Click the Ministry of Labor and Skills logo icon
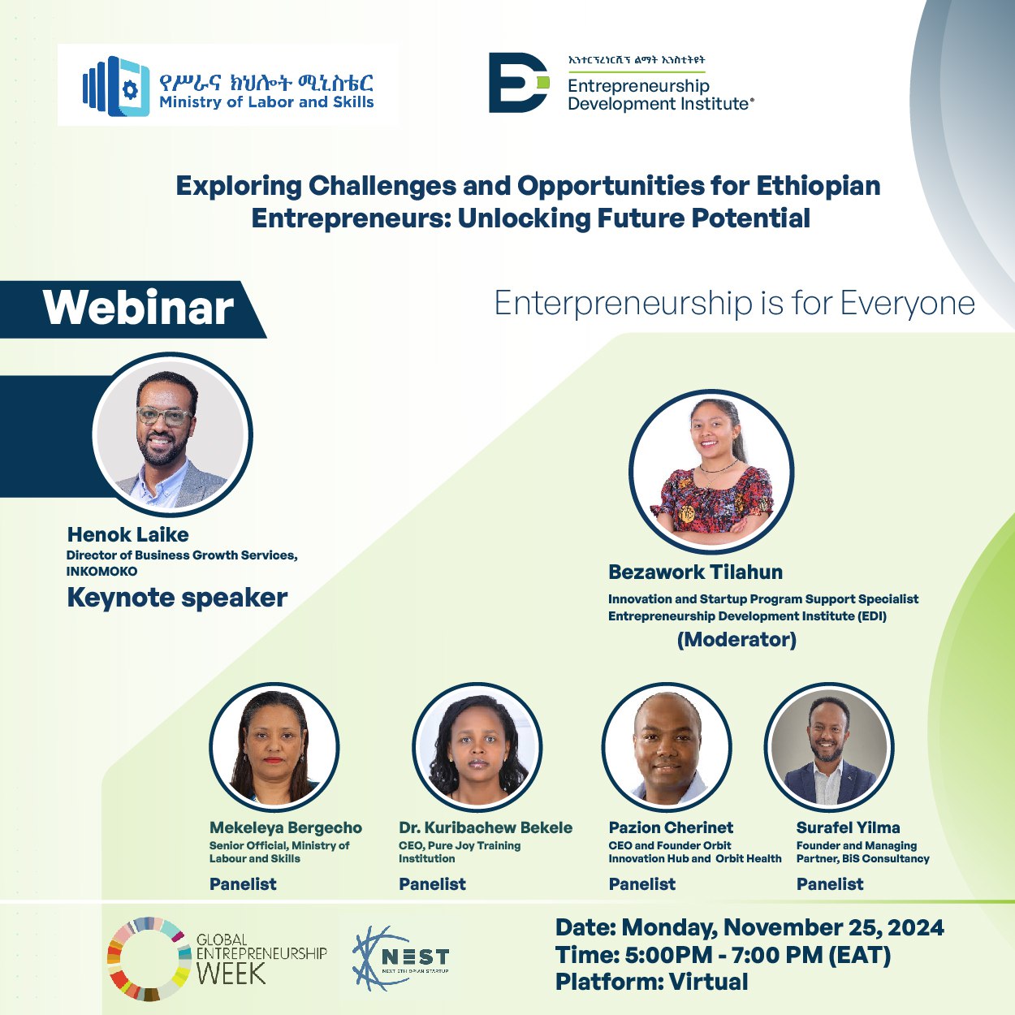[x=116, y=85]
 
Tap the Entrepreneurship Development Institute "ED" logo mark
[x=519, y=82]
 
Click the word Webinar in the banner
[x=138, y=308]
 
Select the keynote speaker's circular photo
[x=172, y=434]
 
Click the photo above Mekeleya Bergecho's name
[x=274, y=747]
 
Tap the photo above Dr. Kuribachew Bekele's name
[x=477, y=747]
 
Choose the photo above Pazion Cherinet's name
[x=667, y=747]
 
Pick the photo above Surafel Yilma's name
[x=829, y=747]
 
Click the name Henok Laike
[x=128, y=534]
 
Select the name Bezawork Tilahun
[x=695, y=572]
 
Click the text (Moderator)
[x=736, y=639]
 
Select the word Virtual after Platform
[x=708, y=982]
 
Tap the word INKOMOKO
[x=101, y=572]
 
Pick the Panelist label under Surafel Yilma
[x=830, y=883]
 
